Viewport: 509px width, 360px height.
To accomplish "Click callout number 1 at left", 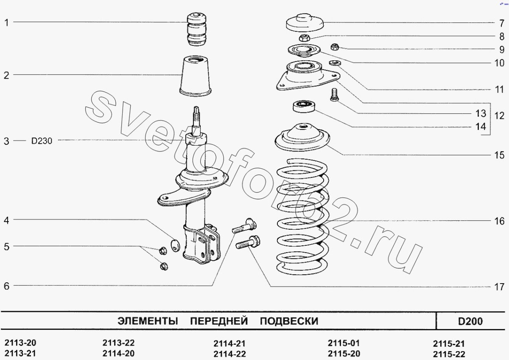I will click(6, 22).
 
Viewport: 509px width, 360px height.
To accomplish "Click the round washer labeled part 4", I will click(174, 245).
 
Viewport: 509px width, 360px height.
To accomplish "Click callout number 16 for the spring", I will click(499, 221).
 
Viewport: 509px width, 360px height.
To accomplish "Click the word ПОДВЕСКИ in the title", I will click(288, 321).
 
